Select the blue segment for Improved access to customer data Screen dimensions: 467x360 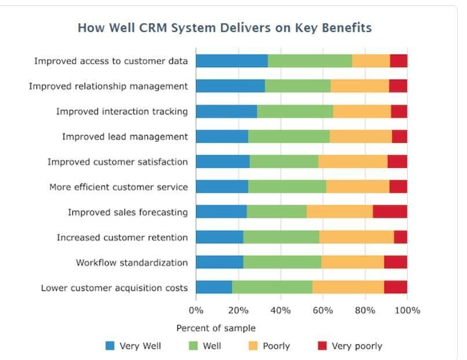coord(232,61)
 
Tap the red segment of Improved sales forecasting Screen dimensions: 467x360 coord(390,212)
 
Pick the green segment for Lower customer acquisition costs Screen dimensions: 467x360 coord(272,287)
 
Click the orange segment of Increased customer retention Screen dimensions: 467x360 coord(357,237)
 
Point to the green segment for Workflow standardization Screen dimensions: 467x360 coord(282,262)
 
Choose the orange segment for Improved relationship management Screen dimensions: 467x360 coord(360,86)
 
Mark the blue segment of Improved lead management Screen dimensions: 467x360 coord(222,137)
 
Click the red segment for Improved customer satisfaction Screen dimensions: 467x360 coord(398,161)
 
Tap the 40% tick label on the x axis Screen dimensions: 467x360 coord(281,311)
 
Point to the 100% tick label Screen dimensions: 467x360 coord(407,311)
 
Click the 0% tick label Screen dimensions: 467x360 coord(196,311)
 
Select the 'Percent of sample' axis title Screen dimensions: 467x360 coord(216,328)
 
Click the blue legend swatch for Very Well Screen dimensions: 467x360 coord(110,346)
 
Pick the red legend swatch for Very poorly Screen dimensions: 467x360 coord(322,346)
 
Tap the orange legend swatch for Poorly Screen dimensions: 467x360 coord(253,346)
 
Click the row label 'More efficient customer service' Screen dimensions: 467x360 coord(119,187)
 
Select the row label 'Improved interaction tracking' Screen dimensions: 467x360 coord(122,111)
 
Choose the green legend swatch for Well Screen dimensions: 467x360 coord(193,346)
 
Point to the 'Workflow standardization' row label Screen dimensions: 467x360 coord(132,263)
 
